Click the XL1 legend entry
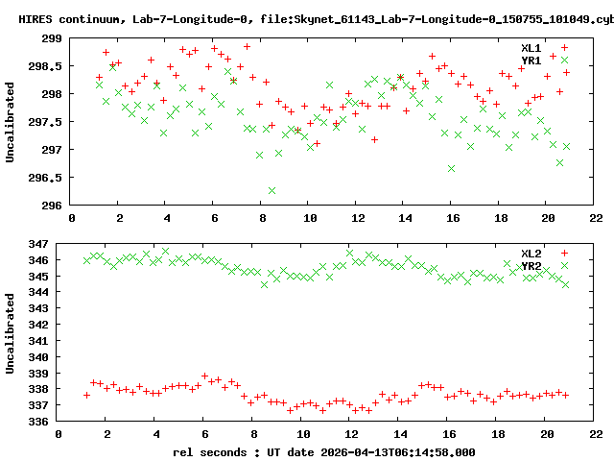(531, 48)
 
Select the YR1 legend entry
(531, 61)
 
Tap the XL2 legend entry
(531, 253)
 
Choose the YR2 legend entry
(531, 265)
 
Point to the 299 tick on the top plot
(52, 38)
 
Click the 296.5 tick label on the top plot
(46, 178)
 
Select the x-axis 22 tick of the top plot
(597, 218)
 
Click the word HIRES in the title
(37, 19)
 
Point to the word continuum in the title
(92, 19)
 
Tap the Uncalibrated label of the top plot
(11, 122)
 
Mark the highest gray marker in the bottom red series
(204, 376)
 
